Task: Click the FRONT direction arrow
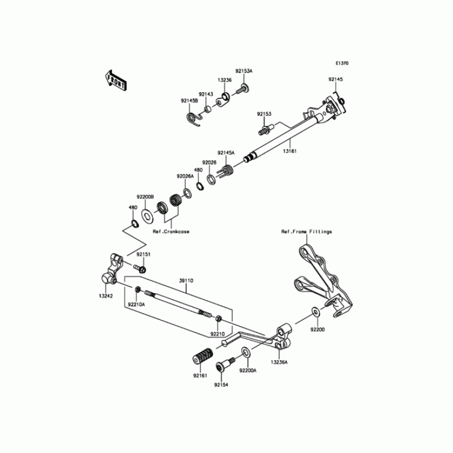tap(116, 81)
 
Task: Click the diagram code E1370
tap(341, 63)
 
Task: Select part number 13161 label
tap(289, 152)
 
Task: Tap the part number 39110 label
tap(186, 280)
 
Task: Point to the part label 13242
tap(105, 296)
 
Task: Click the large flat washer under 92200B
tap(148, 215)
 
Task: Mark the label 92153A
tap(243, 71)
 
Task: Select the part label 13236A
tap(279, 361)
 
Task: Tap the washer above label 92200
tap(315, 311)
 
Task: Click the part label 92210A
tap(136, 304)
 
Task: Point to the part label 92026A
tap(185, 176)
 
